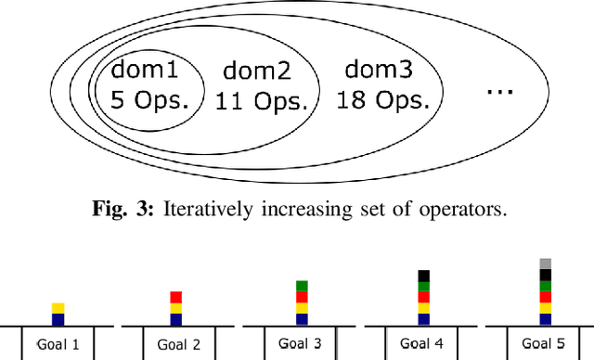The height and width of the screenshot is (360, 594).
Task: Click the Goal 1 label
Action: tap(58, 344)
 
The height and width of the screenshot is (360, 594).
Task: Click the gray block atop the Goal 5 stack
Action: tap(545, 264)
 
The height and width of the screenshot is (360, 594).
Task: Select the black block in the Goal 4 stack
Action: tap(423, 276)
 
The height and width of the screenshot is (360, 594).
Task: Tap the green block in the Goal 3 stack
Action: tap(302, 286)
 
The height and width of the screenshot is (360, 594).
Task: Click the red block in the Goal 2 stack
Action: tap(176, 297)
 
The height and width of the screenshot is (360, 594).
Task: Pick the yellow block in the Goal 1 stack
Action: tap(58, 308)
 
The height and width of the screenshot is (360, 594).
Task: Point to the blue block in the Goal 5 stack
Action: tap(545, 319)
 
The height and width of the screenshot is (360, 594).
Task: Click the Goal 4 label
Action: tap(422, 344)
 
